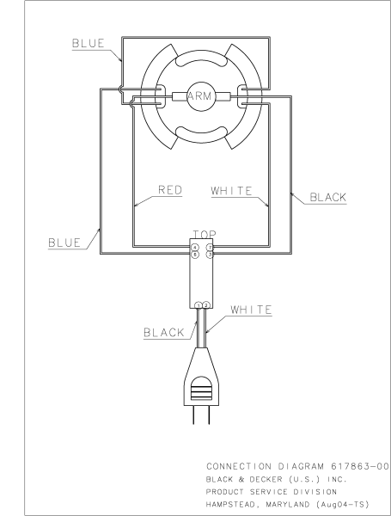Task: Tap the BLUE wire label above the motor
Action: [x=89, y=41]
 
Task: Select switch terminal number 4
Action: [x=195, y=248]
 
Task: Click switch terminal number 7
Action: [x=209, y=248]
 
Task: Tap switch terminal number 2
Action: [x=206, y=305]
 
